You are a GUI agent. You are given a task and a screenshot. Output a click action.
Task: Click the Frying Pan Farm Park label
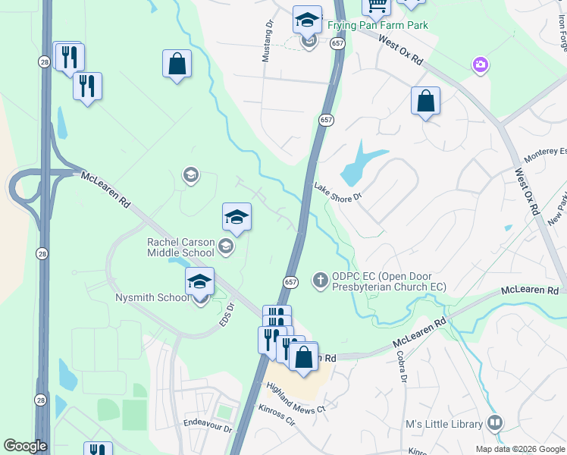tap(377, 25)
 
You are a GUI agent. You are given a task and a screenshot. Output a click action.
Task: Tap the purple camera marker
tap(480, 66)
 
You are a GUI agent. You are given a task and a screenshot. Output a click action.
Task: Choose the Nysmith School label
tap(152, 297)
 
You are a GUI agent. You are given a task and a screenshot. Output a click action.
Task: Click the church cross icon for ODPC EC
tap(320, 281)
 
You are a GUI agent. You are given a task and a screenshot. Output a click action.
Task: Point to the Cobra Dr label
tap(403, 368)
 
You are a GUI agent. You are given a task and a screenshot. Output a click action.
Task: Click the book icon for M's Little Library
tap(495, 422)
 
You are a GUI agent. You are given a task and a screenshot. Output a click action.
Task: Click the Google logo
tap(25, 446)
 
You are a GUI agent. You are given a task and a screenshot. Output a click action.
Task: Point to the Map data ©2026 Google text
tap(520, 449)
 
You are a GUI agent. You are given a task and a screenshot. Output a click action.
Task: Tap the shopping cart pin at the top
tap(376, 5)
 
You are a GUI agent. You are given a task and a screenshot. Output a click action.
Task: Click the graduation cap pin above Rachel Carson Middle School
tap(237, 218)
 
